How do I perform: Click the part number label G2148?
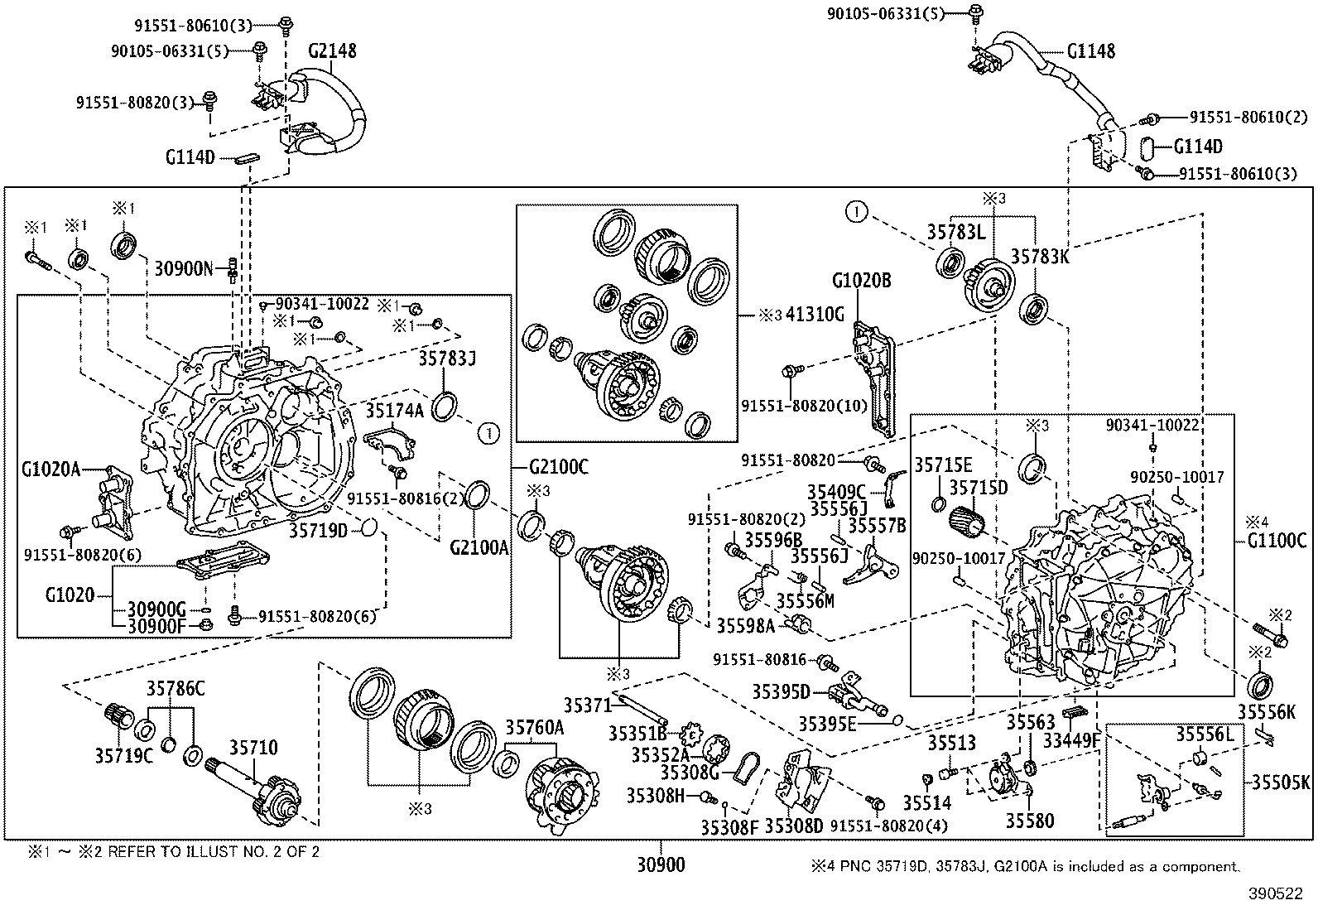(332, 51)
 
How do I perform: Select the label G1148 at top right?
(1090, 51)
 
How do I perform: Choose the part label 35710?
(253, 748)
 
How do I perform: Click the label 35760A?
(535, 728)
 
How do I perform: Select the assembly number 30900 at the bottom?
(661, 865)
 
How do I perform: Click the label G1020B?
(861, 282)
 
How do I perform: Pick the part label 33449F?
(1071, 739)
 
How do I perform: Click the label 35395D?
(781, 691)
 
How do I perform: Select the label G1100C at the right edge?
(1278, 542)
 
